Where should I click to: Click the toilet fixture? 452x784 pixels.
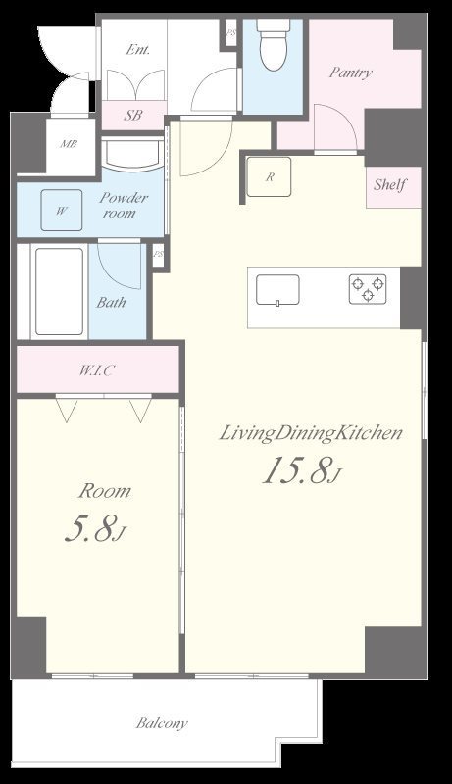[x=273, y=44]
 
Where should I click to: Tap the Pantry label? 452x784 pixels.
[x=350, y=73]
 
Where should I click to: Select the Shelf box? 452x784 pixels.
[x=393, y=187]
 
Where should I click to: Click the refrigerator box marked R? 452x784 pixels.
[x=269, y=176]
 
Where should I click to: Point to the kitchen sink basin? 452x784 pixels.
[x=278, y=290]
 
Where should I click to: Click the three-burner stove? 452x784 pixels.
[x=368, y=288]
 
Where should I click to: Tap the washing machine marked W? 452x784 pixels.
[x=62, y=210]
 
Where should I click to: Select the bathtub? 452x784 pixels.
[x=59, y=291]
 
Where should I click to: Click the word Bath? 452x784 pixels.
[x=111, y=303]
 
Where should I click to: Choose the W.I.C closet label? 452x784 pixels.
[x=97, y=370]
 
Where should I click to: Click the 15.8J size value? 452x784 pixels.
[x=302, y=471]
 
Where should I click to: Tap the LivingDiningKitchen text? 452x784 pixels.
[x=311, y=433]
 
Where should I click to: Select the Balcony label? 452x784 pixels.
[x=162, y=723]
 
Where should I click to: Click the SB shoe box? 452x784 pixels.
[x=133, y=115]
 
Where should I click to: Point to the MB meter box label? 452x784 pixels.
[x=69, y=144]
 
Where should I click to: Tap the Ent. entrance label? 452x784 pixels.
[x=138, y=50]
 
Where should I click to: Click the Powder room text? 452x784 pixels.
[x=123, y=205]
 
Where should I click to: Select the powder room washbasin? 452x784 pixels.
[x=132, y=154]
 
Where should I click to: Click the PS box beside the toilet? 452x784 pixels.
[x=231, y=33]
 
